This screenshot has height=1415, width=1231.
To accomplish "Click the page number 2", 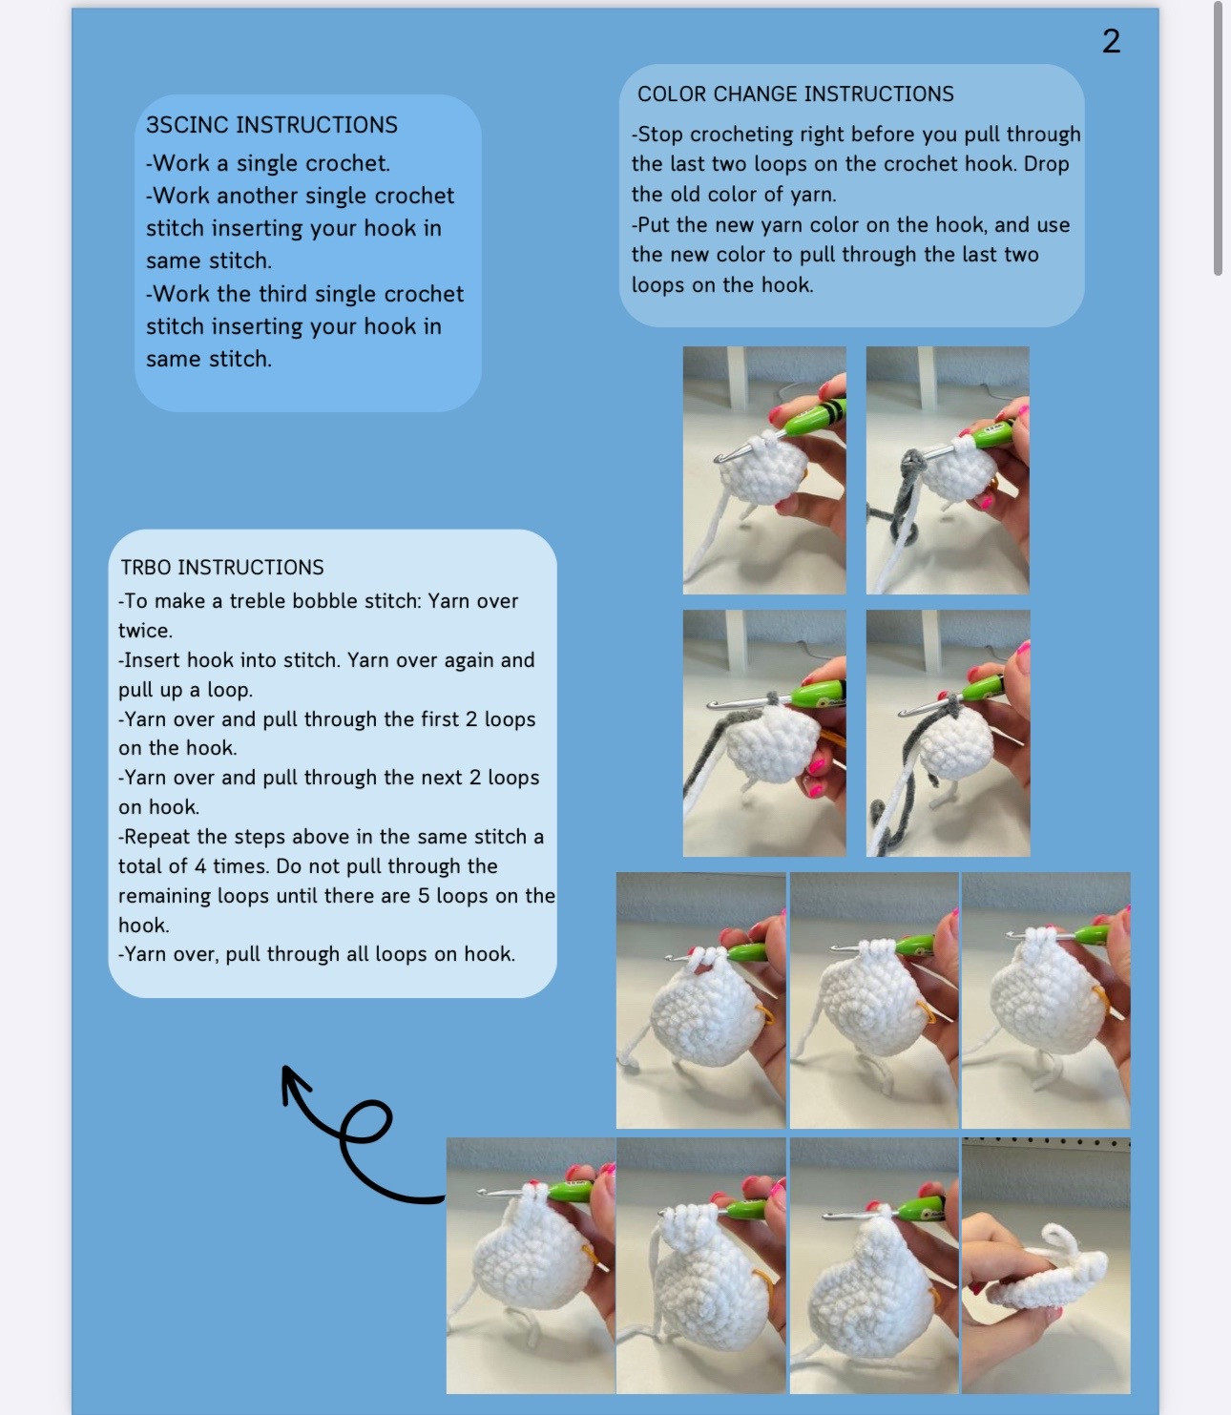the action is (x=1111, y=41).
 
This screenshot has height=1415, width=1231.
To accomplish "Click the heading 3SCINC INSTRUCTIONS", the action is (x=272, y=124).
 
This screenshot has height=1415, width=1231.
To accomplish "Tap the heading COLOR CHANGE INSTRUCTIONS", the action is (x=795, y=94).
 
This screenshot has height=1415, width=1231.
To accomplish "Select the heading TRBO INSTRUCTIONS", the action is (x=222, y=567).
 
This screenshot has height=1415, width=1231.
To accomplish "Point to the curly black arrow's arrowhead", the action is (x=289, y=1078).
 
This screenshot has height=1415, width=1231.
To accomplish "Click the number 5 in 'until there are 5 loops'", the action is (x=424, y=896).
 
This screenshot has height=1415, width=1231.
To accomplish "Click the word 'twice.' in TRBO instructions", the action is (x=145, y=630).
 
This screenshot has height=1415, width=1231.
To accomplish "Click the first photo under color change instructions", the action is (x=764, y=470).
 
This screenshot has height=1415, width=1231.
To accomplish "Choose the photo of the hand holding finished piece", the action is (x=1046, y=1265).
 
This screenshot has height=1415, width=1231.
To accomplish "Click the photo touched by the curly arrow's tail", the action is (x=531, y=1265).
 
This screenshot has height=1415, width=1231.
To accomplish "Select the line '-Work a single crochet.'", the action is (x=267, y=163).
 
